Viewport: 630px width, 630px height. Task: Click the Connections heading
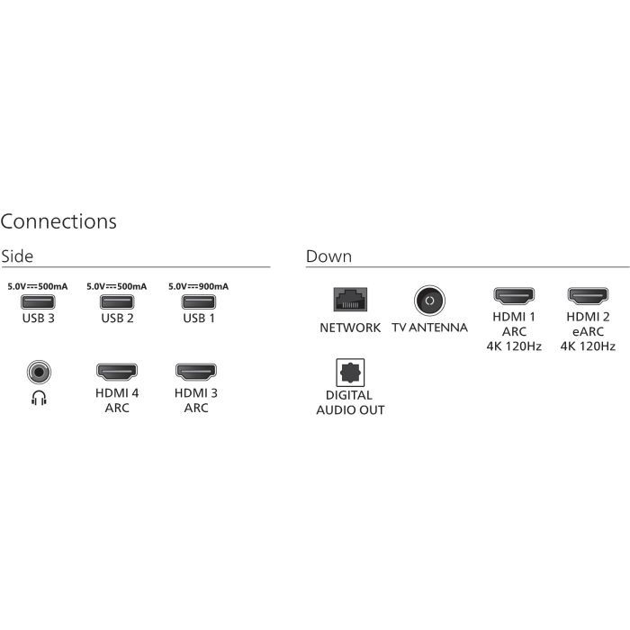click(58, 220)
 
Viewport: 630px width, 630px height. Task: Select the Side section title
click(17, 256)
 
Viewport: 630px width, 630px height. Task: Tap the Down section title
click(328, 256)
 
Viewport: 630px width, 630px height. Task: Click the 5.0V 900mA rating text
click(198, 286)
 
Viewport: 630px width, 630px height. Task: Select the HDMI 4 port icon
click(116, 370)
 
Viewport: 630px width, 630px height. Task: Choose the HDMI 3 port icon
click(195, 370)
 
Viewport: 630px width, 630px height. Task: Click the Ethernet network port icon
click(349, 299)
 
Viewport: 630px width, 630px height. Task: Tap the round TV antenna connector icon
click(429, 300)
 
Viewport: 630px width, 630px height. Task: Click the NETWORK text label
click(350, 328)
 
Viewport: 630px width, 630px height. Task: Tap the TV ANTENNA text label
click(429, 328)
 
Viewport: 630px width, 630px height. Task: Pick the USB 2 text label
click(117, 318)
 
